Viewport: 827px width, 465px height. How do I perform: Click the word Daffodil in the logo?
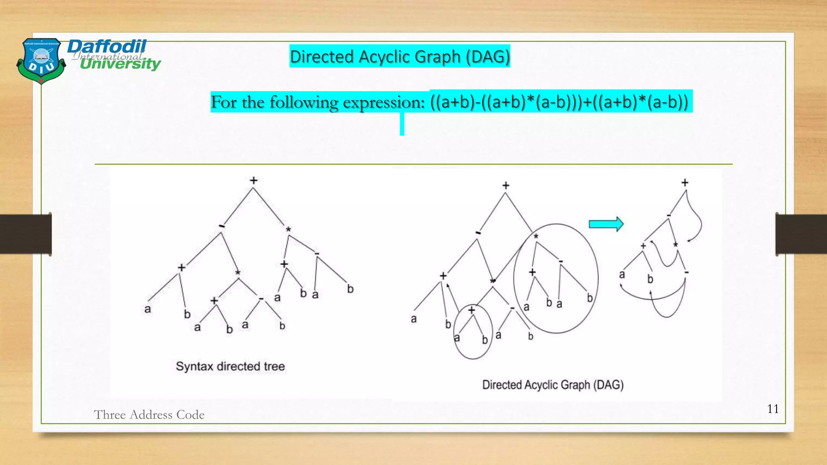point(107,47)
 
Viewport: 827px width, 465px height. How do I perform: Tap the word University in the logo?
point(120,64)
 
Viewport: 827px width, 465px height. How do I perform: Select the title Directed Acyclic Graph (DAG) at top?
point(400,57)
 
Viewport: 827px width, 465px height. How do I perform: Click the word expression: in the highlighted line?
point(384,102)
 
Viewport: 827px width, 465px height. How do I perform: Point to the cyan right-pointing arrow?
point(606,224)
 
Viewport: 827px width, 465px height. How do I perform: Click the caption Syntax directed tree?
point(230,366)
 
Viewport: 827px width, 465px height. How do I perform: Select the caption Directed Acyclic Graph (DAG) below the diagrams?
point(553,385)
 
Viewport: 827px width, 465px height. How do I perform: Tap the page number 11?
point(772,409)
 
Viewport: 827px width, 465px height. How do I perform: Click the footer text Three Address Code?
point(149,415)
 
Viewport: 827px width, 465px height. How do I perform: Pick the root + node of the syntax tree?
point(254,180)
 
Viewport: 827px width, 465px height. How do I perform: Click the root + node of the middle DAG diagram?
point(506,185)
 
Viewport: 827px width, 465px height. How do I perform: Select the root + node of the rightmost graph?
point(685,183)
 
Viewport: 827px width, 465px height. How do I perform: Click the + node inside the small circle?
point(472,310)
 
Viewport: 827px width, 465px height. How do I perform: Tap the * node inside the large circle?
point(536,237)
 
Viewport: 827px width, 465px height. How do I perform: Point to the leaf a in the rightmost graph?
point(622,275)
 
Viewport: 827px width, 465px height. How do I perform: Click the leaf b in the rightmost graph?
point(650,279)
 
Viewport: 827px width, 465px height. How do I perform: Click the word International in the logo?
point(108,56)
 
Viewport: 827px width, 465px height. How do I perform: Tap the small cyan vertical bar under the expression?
point(402,124)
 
